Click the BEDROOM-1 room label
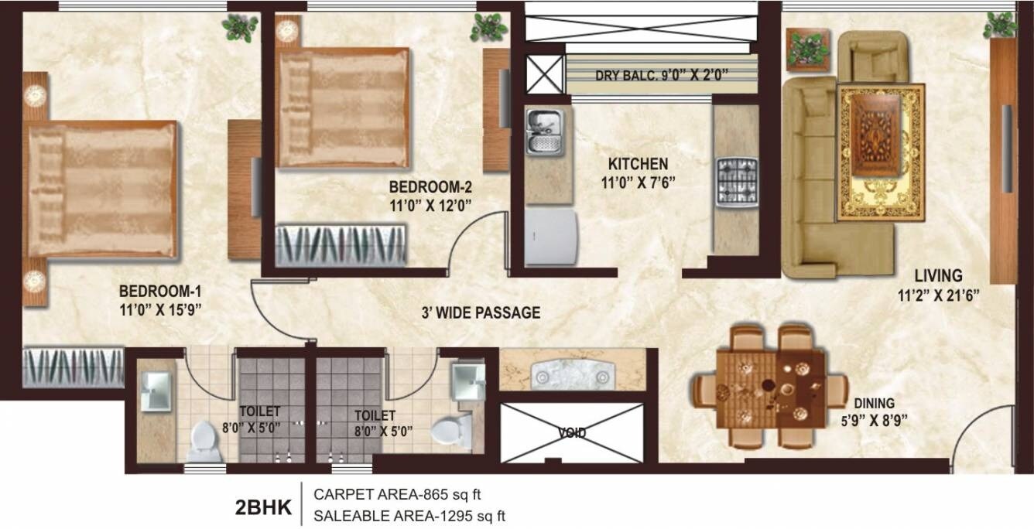click(x=160, y=292)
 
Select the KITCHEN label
click(x=637, y=164)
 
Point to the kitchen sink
click(x=546, y=131)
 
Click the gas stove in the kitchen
click(x=734, y=183)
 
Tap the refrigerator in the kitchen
click(x=550, y=237)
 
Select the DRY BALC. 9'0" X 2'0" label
click(x=662, y=76)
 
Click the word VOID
click(x=573, y=433)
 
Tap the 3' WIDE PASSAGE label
click(x=481, y=313)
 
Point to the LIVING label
click(x=938, y=275)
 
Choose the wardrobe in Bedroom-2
click(x=341, y=245)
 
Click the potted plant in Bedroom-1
click(x=240, y=27)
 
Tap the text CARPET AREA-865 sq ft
click(x=402, y=493)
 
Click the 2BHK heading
click(x=262, y=508)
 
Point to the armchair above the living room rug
click(x=879, y=56)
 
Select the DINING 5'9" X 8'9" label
click(x=875, y=411)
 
